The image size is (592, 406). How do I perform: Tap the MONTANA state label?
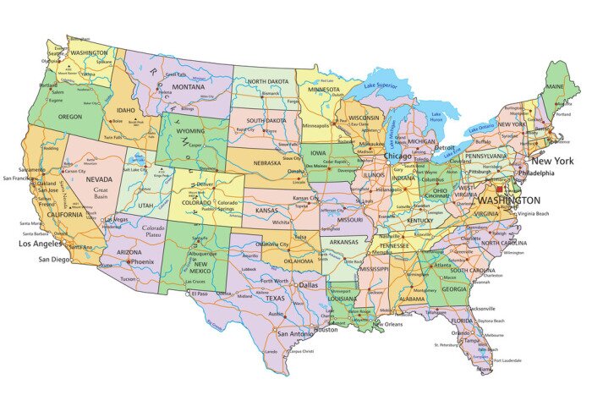[188, 87]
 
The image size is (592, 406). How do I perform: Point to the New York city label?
[552, 161]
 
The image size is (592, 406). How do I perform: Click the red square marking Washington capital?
[499, 190]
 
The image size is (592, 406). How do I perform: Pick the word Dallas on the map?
[309, 285]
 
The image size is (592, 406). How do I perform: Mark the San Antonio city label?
[288, 333]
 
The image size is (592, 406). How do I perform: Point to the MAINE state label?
[555, 86]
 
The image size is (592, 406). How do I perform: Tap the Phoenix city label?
[142, 261]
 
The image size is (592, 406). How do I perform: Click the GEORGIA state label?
[454, 289]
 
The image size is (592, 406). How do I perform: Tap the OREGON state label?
[70, 118]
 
